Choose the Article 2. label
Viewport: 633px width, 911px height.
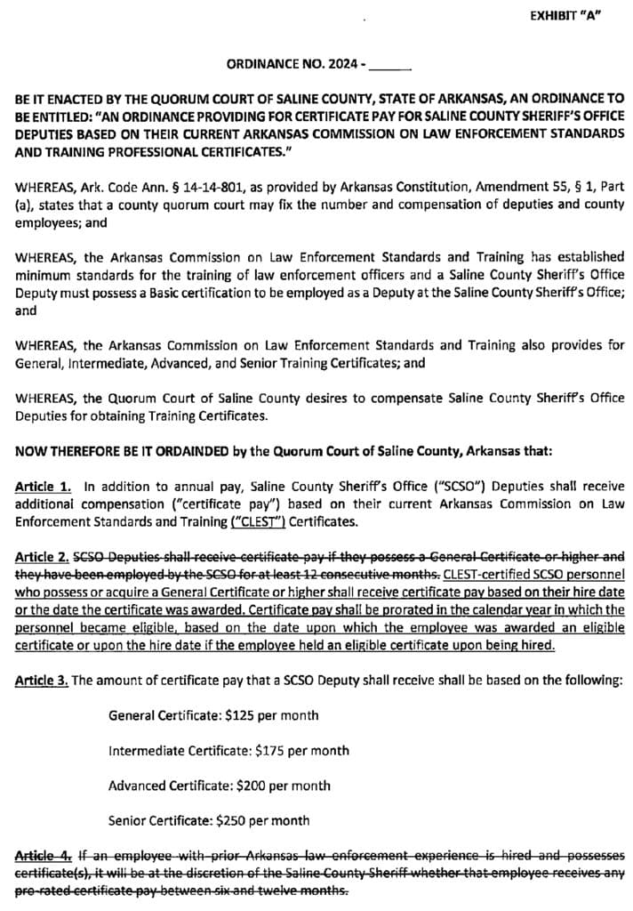coord(43,557)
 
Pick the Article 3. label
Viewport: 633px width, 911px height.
coord(43,681)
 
